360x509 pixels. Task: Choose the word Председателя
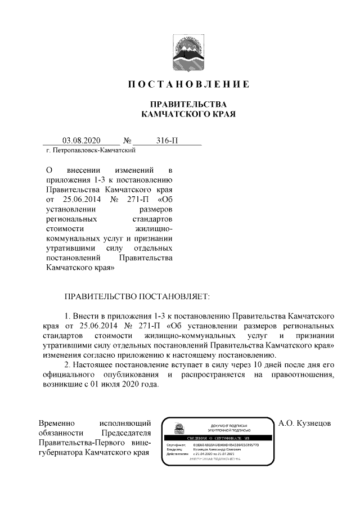126,433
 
